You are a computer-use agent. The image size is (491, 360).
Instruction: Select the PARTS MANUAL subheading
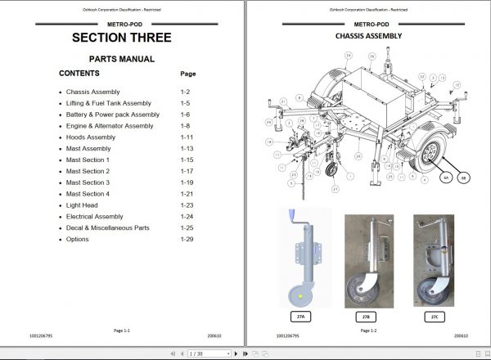(x=121, y=59)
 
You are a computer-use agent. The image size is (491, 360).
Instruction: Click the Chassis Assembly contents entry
(x=94, y=92)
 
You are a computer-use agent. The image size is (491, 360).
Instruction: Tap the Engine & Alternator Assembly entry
(x=110, y=126)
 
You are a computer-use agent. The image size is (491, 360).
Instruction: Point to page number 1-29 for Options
(x=187, y=239)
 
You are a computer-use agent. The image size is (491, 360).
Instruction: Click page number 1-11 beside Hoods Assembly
(x=187, y=137)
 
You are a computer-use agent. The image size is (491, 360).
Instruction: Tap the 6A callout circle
(x=446, y=177)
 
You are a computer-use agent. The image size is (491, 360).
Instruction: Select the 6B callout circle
(x=465, y=177)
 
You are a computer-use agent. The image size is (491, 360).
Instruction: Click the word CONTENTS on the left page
(x=79, y=74)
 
